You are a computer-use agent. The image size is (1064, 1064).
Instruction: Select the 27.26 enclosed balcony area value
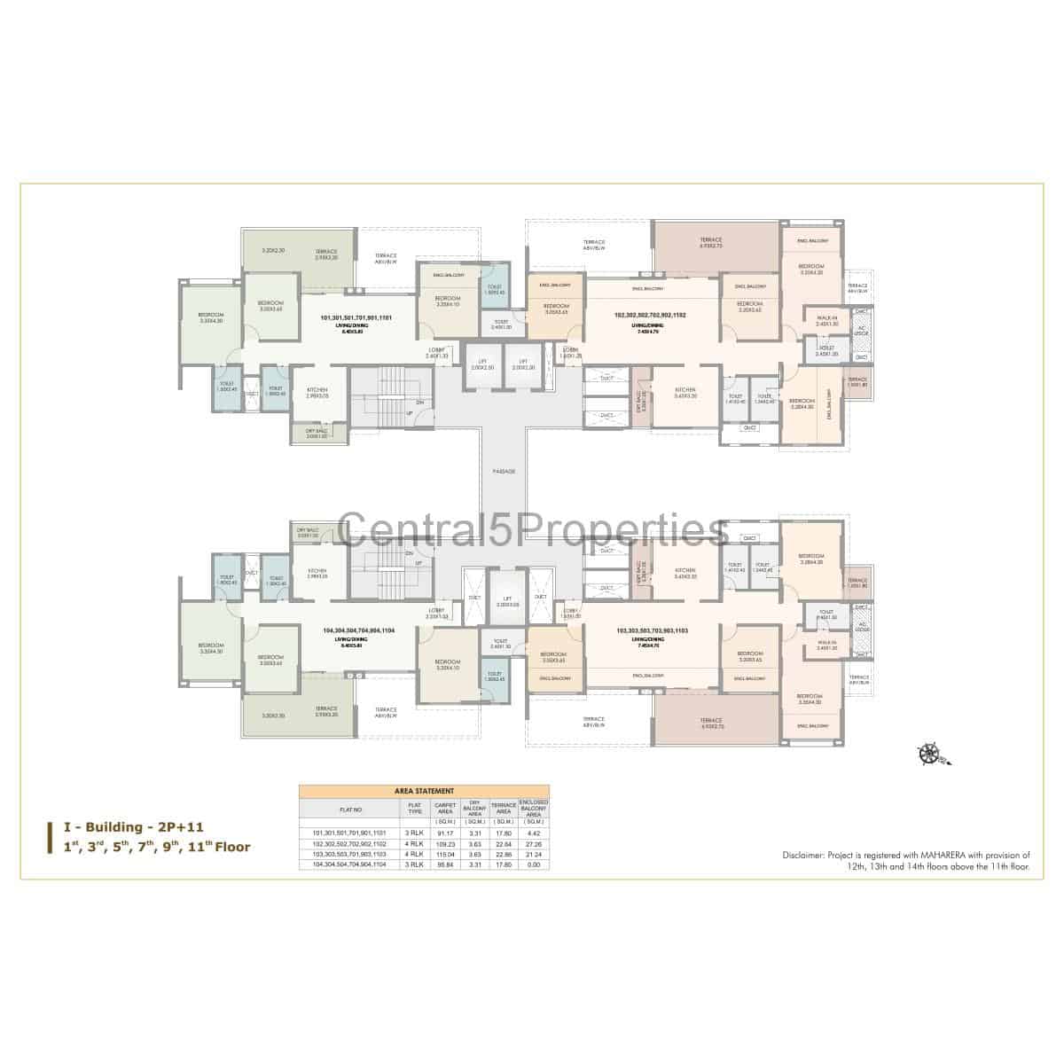[x=535, y=843]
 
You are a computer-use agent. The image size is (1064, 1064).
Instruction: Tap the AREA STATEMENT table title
[x=424, y=790]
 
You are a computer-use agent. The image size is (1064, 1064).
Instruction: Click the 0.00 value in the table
[x=535, y=864]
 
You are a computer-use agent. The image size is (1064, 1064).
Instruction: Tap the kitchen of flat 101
[x=317, y=392]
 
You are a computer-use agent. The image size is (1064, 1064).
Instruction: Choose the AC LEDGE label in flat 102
[x=861, y=330]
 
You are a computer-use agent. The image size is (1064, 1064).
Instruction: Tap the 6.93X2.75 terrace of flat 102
[x=711, y=244]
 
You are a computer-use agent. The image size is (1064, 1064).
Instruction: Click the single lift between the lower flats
[x=507, y=600]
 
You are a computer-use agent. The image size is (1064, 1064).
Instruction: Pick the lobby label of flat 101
[x=437, y=352]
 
